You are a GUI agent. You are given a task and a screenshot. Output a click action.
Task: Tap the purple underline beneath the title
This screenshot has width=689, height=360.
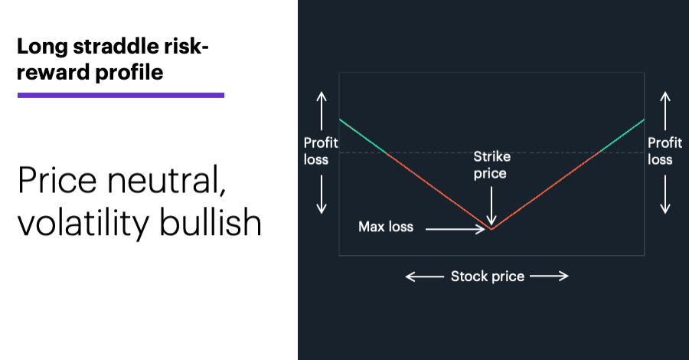point(121,95)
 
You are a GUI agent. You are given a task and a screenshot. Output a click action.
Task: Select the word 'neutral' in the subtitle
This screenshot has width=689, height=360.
point(167,180)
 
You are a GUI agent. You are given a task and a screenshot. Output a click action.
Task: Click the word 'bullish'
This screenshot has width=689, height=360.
point(210,222)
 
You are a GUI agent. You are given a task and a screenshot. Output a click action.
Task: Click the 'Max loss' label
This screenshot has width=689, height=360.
point(386,227)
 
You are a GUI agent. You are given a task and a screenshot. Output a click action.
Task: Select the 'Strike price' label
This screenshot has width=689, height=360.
point(491,165)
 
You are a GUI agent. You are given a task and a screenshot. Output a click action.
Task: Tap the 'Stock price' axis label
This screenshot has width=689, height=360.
point(488,276)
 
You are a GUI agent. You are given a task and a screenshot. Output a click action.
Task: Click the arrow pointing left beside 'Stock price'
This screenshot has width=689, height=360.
point(424,277)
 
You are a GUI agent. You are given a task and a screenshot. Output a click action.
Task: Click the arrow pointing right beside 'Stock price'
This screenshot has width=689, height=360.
point(549,276)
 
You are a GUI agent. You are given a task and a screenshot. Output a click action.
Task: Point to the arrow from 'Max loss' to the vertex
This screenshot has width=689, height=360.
point(456,229)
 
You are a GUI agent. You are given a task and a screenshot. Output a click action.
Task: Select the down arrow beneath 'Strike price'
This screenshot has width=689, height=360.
point(491,206)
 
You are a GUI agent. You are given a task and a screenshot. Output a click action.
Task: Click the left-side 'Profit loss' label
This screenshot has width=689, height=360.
point(320,151)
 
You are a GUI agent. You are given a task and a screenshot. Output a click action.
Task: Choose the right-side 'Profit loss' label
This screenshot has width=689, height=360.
point(665,151)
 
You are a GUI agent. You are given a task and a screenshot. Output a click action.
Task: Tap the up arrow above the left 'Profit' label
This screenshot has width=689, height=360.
point(322,111)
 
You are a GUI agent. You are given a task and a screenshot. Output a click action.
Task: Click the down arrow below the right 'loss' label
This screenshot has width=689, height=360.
point(666,195)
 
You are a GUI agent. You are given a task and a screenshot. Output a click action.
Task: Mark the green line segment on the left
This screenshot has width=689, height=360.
point(363,136)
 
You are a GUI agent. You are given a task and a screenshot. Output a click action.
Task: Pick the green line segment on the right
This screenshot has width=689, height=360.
point(622,136)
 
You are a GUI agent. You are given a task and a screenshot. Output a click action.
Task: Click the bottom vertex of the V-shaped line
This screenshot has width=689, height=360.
point(491,229)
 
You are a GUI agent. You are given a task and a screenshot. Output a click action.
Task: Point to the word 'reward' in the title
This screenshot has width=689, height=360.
point(53,72)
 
